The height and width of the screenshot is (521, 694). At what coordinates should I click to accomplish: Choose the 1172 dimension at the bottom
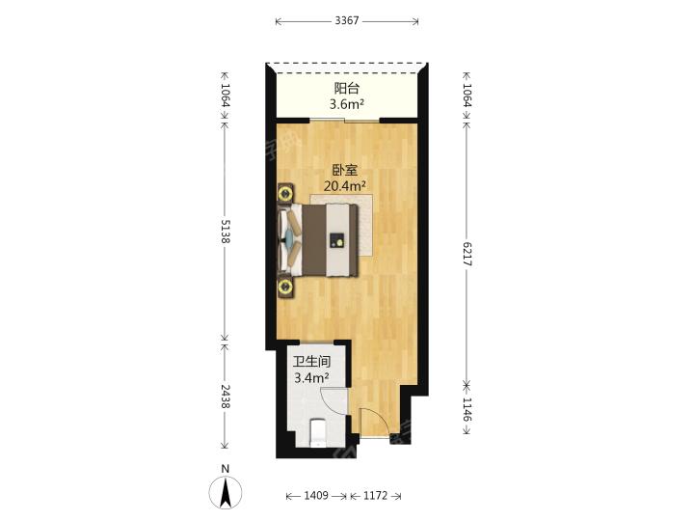point(374,496)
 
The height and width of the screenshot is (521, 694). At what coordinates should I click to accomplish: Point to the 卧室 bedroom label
point(346,170)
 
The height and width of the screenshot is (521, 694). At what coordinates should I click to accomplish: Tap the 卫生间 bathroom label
point(312,363)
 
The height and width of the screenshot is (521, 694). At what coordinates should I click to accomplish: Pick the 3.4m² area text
point(312,378)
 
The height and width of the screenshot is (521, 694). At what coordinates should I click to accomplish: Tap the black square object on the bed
point(336,239)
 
